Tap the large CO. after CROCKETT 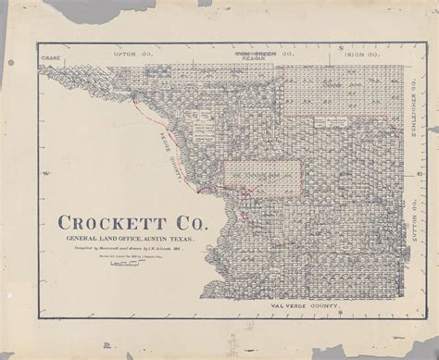coord(191,222)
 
